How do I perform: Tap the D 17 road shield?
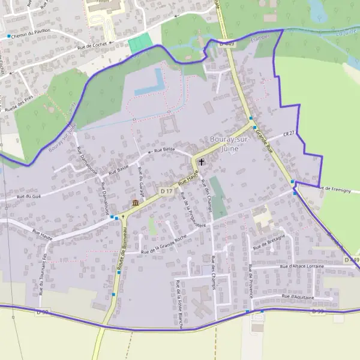point(167,191)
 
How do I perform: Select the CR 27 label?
point(289,134)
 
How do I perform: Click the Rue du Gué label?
point(29,196)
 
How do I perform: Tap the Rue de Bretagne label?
point(269,242)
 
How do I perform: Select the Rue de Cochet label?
point(91,46)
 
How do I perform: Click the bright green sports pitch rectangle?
point(140,43)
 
